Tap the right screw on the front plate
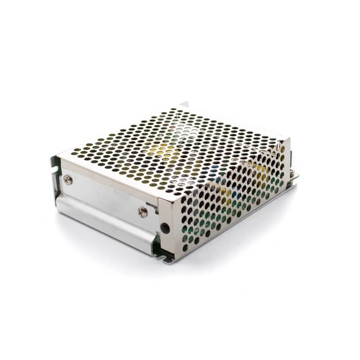pos(143,211)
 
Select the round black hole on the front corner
pos(165,227)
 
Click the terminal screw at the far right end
pos(295,175)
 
